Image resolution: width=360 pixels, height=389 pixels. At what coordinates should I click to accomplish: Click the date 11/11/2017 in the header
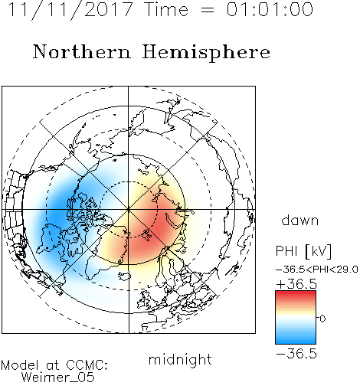[70, 10]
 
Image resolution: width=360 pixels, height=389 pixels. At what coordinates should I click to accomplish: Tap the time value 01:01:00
[270, 9]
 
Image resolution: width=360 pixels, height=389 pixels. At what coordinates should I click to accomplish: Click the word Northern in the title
[82, 52]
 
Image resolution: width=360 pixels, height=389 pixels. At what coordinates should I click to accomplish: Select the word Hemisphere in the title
[206, 53]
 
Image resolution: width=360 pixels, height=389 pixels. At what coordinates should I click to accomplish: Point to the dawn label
[300, 220]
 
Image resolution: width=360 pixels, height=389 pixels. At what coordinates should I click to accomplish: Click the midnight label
[180, 360]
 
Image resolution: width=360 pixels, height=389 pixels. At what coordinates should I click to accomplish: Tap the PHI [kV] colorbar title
[303, 250]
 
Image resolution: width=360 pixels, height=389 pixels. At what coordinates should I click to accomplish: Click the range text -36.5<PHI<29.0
[317, 270]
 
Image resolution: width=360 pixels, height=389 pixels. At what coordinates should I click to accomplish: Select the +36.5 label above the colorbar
[296, 284]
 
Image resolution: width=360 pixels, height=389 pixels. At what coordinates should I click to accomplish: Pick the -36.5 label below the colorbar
[296, 354]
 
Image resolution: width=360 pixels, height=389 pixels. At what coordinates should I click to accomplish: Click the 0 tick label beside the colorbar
[322, 319]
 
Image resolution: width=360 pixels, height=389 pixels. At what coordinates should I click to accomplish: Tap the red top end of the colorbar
[296, 293]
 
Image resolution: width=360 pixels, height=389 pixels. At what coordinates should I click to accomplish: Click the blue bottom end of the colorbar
[296, 342]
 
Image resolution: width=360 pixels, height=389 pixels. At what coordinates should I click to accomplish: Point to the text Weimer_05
[58, 378]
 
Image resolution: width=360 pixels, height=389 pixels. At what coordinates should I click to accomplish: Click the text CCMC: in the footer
[87, 365]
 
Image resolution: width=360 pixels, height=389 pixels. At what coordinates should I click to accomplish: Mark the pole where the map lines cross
[129, 210]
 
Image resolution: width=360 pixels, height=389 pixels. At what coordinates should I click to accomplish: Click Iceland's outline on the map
[124, 276]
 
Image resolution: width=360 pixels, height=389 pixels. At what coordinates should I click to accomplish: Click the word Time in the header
[166, 9]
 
